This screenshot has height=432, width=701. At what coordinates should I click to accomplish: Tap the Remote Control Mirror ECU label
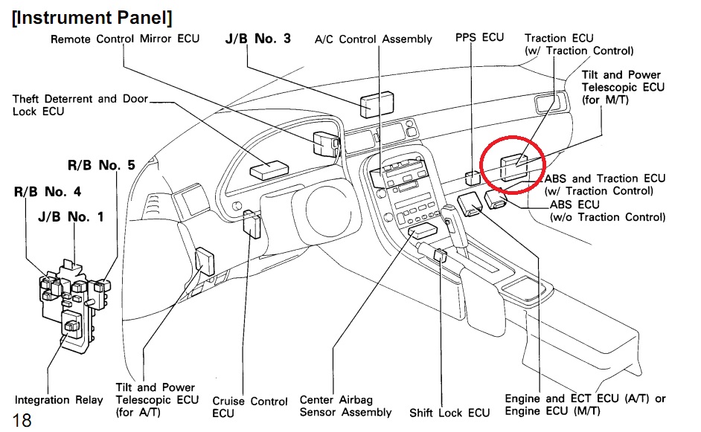click(x=125, y=39)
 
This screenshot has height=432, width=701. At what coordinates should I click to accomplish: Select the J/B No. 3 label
click(x=257, y=38)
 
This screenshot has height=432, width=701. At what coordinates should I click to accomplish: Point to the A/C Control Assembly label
click(x=374, y=39)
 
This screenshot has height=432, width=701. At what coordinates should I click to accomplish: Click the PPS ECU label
click(x=480, y=37)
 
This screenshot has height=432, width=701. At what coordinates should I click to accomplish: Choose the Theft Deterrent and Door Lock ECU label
click(x=80, y=105)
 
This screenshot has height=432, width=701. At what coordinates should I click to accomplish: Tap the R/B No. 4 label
click(x=48, y=191)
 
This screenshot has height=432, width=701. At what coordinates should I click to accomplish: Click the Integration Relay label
click(x=59, y=400)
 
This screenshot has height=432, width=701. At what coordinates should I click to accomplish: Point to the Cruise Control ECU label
click(x=249, y=407)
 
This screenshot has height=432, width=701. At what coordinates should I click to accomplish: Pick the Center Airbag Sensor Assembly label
click(x=345, y=406)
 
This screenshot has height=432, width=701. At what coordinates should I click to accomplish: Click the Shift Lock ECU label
click(x=449, y=413)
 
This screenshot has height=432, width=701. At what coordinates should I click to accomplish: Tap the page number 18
click(x=22, y=420)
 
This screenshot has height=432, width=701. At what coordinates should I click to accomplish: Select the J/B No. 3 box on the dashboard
click(x=377, y=105)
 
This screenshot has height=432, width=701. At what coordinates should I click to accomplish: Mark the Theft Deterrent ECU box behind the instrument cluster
click(x=268, y=170)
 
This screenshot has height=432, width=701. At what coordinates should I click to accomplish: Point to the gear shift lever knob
click(x=452, y=218)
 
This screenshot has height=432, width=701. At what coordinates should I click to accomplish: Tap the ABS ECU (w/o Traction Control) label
click(x=606, y=210)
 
